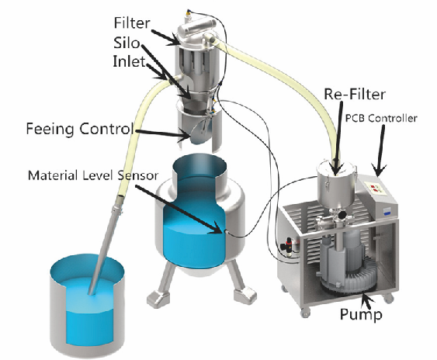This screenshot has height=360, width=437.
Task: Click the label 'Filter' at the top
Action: pyautogui.click(x=132, y=22)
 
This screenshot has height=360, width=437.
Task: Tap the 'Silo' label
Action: pyautogui.click(x=127, y=43)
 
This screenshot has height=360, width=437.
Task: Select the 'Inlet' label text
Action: pyautogui.click(x=130, y=61)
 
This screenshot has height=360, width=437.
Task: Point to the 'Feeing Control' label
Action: pyautogui.click(x=79, y=129)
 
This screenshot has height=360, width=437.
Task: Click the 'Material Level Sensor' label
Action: pyautogui.click(x=93, y=175)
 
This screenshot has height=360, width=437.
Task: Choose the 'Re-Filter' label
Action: pyautogui.click(x=355, y=94)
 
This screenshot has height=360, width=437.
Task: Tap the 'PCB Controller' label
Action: pyautogui.click(x=381, y=118)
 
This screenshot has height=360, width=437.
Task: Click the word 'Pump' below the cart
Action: pyautogui.click(x=361, y=314)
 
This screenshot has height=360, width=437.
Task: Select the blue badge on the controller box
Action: pyautogui.click(x=387, y=212)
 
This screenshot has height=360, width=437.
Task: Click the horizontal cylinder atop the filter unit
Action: pyautogui.click(x=196, y=26)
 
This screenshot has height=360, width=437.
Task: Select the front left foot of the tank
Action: pyautogui.click(x=157, y=299)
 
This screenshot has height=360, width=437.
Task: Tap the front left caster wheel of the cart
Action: pyautogui.click(x=306, y=313)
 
